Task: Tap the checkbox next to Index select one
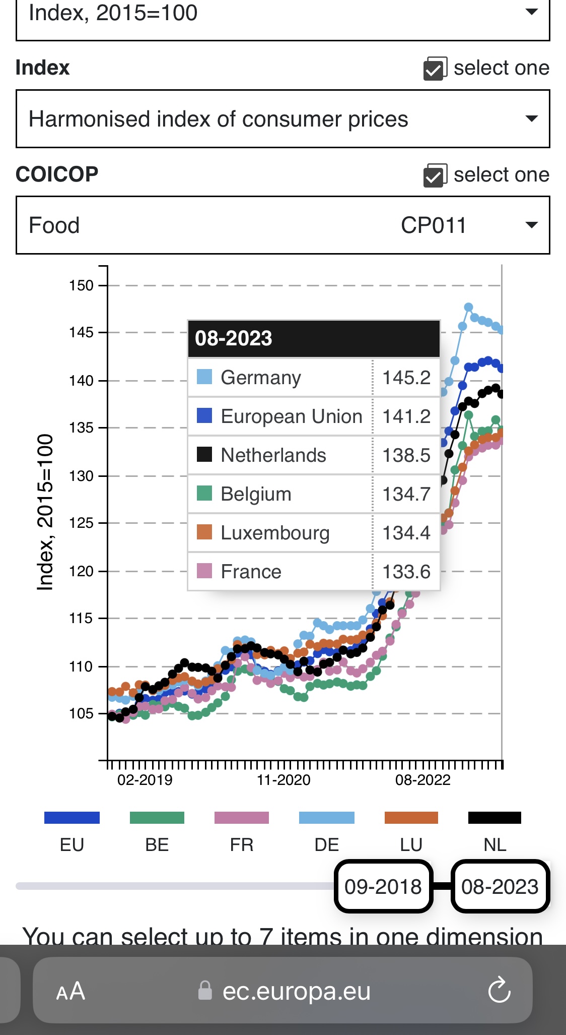pyautogui.click(x=435, y=69)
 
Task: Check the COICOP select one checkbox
pyautogui.click(x=435, y=175)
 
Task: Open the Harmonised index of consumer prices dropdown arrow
pyautogui.click(x=531, y=119)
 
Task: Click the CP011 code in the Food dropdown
pyautogui.click(x=434, y=225)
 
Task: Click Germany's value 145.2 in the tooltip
pyautogui.click(x=406, y=378)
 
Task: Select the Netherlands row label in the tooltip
pyautogui.click(x=273, y=455)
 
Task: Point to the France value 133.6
pyautogui.click(x=406, y=572)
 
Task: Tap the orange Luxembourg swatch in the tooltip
pyautogui.click(x=204, y=532)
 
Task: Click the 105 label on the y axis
pyautogui.click(x=82, y=713)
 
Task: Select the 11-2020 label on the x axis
pyautogui.click(x=284, y=780)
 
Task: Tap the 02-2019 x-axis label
pyautogui.click(x=145, y=780)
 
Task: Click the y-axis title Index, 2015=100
pyautogui.click(x=45, y=512)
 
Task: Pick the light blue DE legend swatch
pyautogui.click(x=327, y=817)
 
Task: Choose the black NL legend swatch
pyautogui.click(x=494, y=817)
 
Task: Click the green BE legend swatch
pyautogui.click(x=157, y=817)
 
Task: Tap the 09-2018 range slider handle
pyautogui.click(x=383, y=886)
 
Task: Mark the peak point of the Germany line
pyautogui.click(x=468, y=307)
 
